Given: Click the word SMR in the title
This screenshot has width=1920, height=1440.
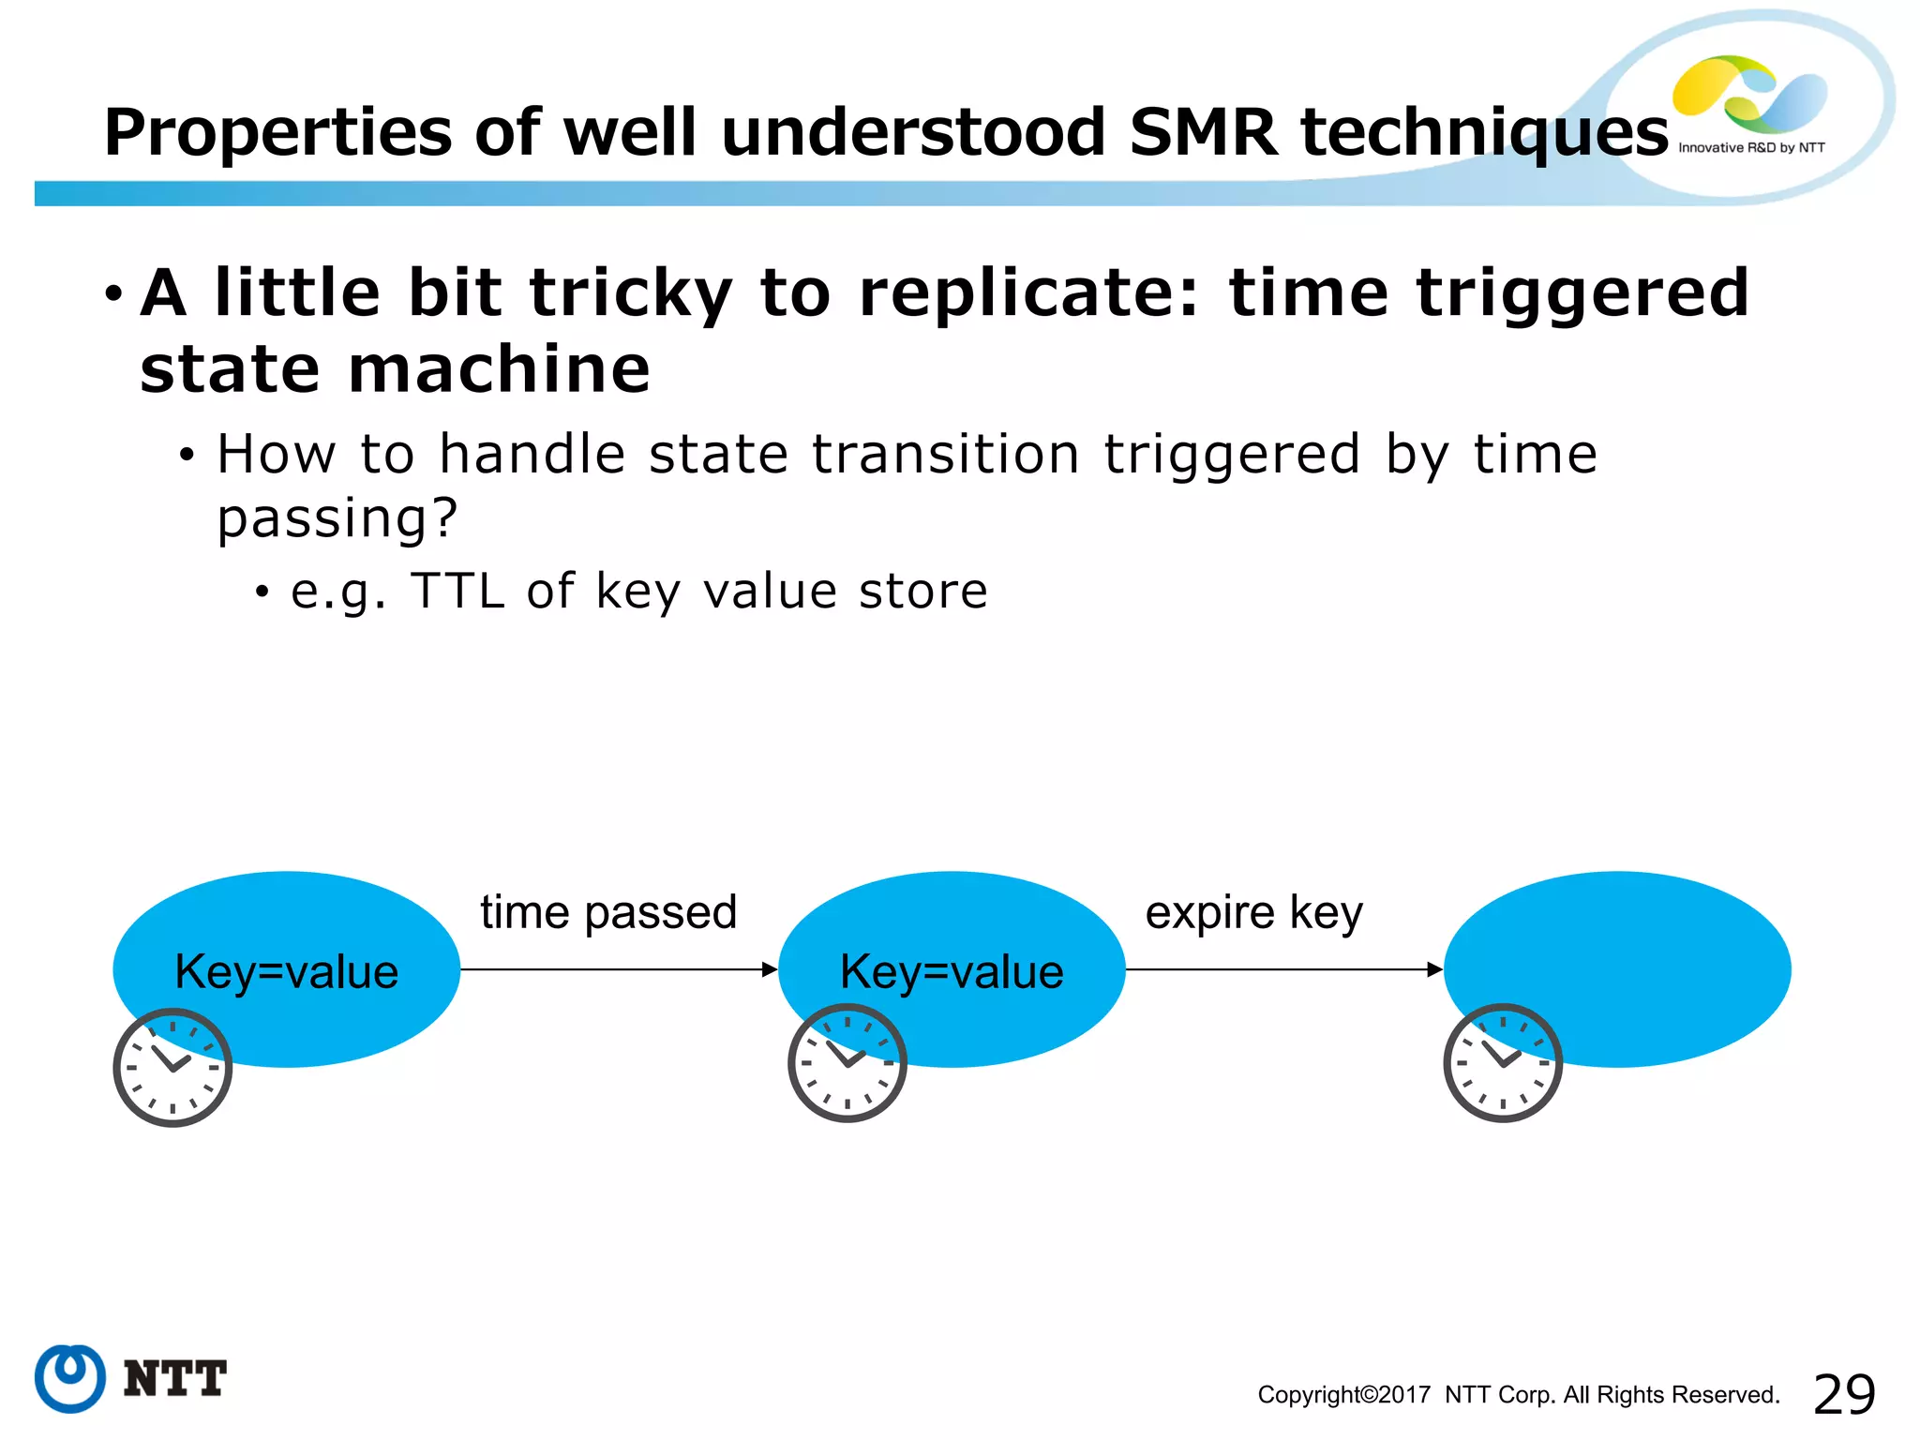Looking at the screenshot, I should click(x=1204, y=132).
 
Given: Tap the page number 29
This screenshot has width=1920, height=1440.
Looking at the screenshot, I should click(x=1844, y=1395).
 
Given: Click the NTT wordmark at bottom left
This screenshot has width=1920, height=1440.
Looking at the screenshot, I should click(x=174, y=1379).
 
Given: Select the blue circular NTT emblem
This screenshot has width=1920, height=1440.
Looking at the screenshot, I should click(x=69, y=1378).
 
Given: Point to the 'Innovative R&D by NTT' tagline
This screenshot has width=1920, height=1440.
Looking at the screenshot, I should click(x=1751, y=148).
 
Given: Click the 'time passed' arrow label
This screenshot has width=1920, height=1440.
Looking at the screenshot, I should click(x=608, y=912).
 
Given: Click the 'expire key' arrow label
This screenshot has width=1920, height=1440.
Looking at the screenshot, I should click(x=1253, y=912).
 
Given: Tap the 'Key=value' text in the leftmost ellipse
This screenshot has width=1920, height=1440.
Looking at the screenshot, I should click(x=286, y=971).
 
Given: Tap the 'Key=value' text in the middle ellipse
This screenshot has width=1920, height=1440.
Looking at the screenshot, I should click(x=952, y=971).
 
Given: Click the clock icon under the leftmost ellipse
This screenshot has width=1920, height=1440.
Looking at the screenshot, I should click(x=172, y=1068).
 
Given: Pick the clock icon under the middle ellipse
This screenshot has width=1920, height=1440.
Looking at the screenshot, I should click(x=847, y=1063).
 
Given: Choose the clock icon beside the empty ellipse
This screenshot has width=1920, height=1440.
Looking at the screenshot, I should click(x=1502, y=1063).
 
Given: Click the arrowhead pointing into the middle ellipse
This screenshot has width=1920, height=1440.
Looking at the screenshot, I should click(x=770, y=969).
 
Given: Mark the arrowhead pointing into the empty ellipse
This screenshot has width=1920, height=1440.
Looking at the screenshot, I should click(x=1434, y=969).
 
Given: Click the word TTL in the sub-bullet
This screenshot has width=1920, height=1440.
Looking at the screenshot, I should click(x=457, y=592).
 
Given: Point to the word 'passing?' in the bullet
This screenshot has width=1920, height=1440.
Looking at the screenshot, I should click(x=337, y=517).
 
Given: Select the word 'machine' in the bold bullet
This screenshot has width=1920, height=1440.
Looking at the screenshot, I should click(x=499, y=368).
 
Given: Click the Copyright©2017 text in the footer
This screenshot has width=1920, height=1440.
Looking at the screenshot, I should click(x=1343, y=1395).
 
